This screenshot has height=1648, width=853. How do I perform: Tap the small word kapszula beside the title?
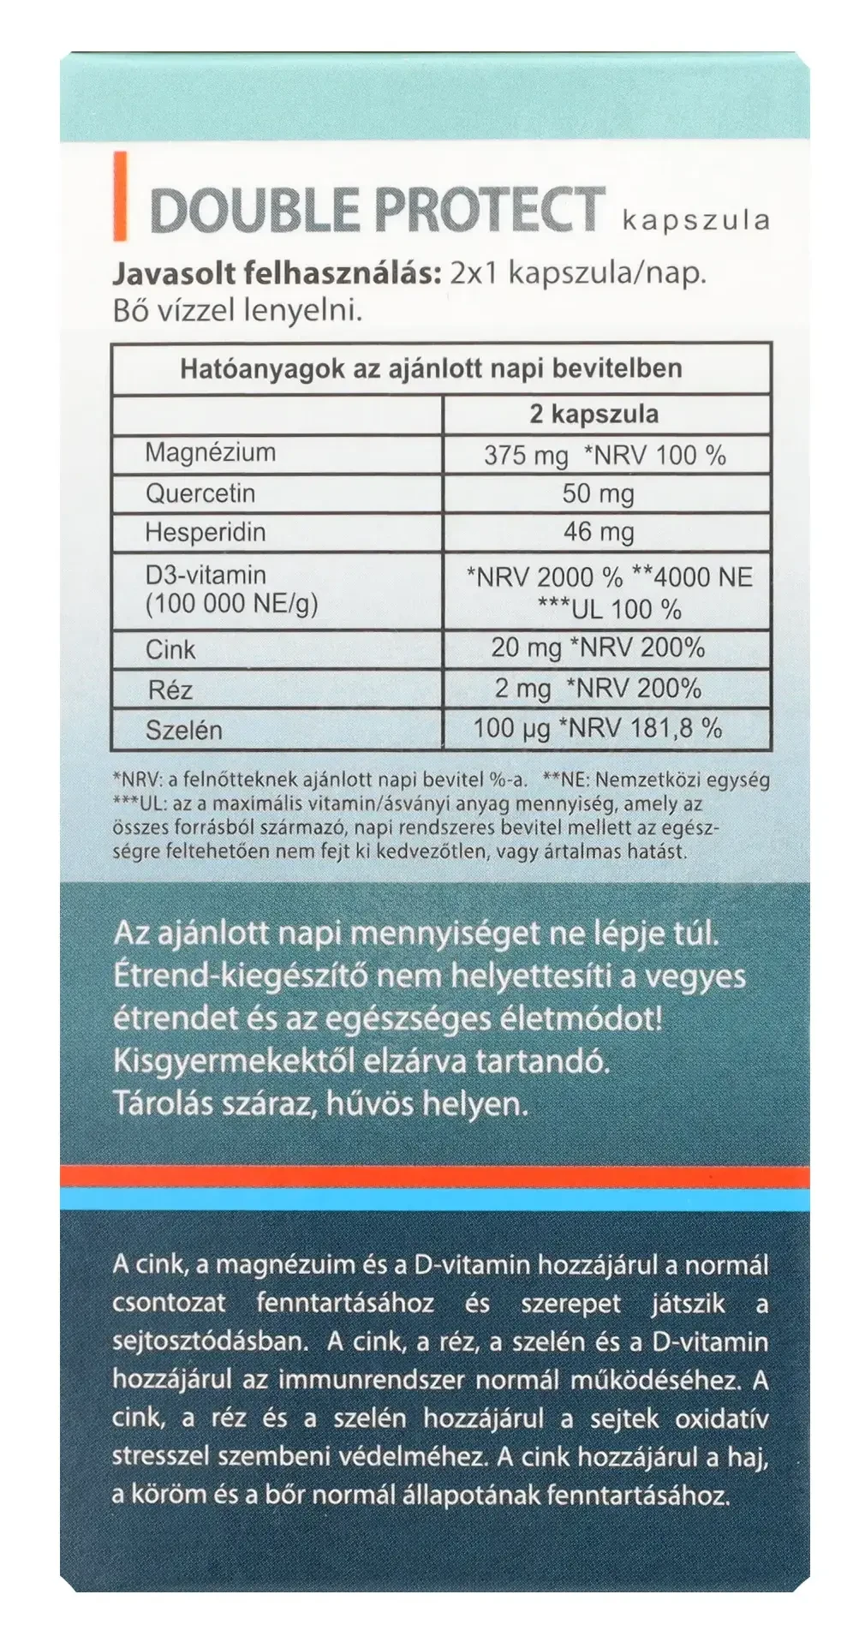(696, 220)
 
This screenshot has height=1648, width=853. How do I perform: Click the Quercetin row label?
(200, 493)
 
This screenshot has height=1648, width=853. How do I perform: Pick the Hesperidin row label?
(205, 532)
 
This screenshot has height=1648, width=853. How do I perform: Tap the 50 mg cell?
(598, 493)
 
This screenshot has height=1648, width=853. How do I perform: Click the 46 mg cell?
(598, 532)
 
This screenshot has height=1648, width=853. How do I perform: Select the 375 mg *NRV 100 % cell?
(605, 455)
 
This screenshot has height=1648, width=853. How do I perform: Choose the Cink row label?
(170, 649)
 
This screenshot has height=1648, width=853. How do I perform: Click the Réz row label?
(170, 689)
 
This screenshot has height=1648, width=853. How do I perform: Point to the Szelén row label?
(183, 730)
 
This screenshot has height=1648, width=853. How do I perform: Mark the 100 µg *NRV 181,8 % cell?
(598, 729)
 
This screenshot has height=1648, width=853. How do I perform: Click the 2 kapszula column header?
(594, 415)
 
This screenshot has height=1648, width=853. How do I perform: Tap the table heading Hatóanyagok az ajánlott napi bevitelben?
(431, 369)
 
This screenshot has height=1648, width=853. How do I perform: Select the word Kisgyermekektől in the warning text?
(234, 1062)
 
